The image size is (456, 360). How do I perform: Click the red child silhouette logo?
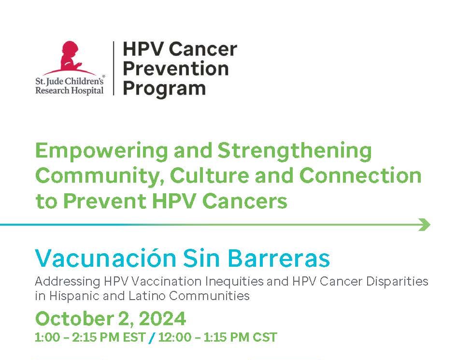70,58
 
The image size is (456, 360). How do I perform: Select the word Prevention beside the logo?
176,69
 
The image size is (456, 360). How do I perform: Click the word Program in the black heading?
164,89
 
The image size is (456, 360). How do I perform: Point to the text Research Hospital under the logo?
69,90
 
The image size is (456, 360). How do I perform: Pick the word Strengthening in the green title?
295,151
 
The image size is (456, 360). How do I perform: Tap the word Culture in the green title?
210,176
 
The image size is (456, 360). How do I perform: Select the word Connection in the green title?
360,176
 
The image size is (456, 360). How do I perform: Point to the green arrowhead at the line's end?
425,225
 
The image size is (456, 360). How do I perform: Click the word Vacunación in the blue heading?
106,258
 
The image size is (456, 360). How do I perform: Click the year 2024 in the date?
163,318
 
